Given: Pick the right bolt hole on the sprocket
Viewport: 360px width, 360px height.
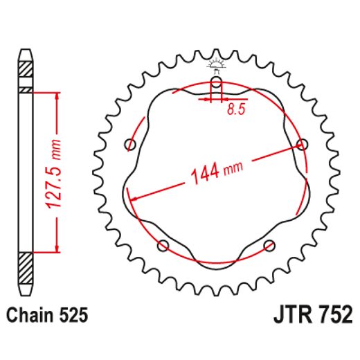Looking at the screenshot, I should [300, 144].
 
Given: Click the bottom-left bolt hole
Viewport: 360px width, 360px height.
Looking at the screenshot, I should [163, 244].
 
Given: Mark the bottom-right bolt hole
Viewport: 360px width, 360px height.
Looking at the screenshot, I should [269, 244].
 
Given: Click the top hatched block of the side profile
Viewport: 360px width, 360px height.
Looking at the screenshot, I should [26, 70].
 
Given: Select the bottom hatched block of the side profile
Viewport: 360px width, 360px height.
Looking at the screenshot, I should [26, 264].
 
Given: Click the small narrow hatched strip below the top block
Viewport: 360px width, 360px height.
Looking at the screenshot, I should [26, 89].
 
